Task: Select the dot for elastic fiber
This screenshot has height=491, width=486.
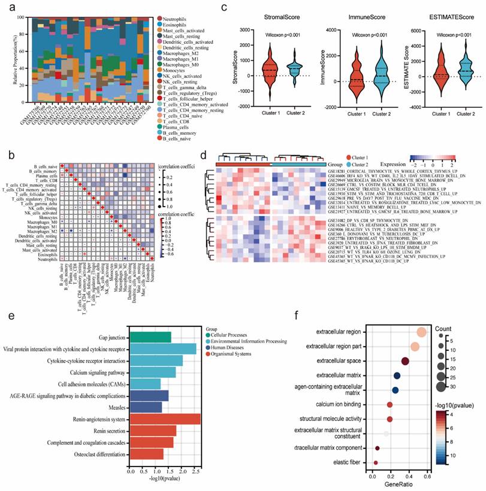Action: [376, 462]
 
